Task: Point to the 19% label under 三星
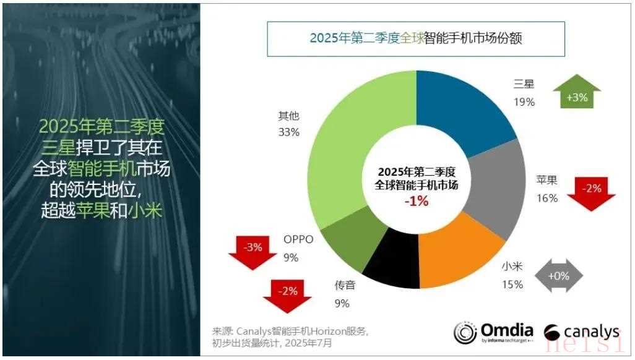524,102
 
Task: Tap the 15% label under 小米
512,285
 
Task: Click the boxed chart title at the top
416,38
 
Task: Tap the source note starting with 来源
291,336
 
